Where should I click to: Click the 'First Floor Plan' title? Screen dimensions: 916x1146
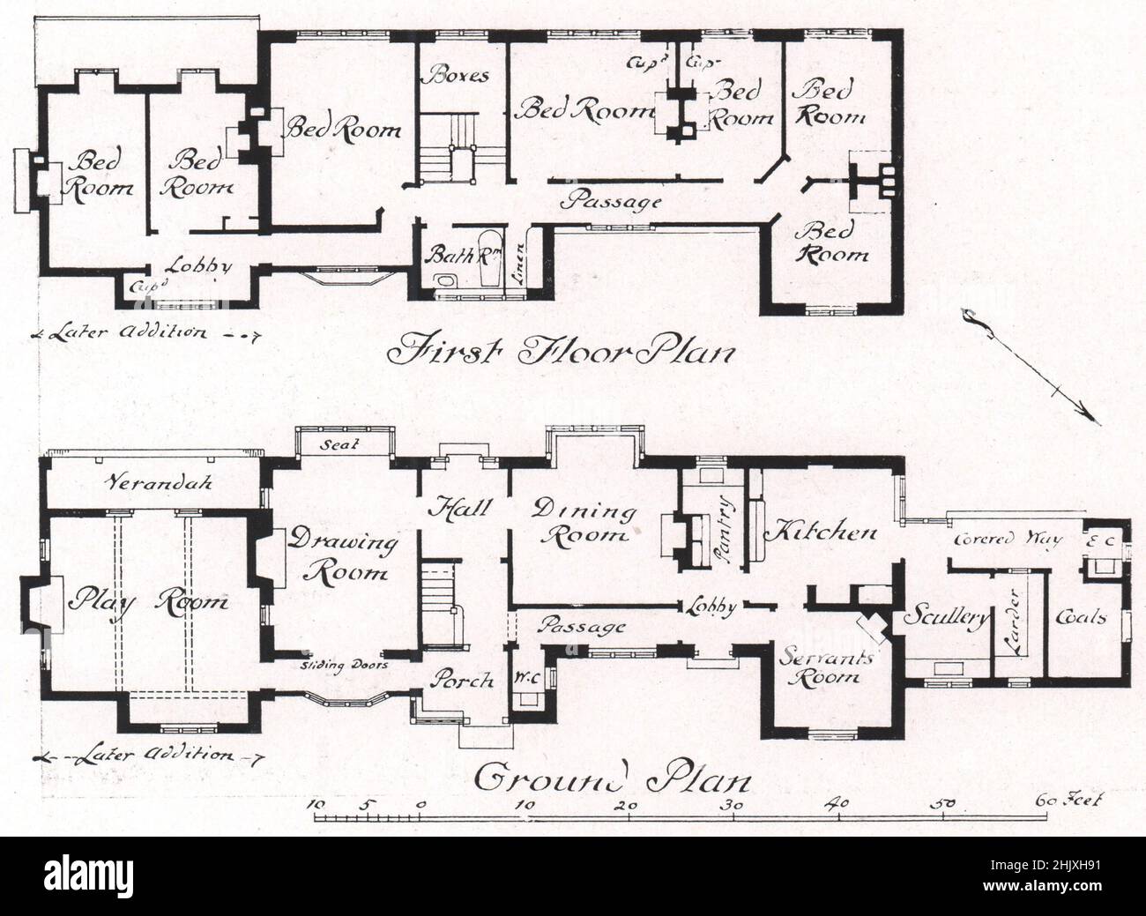(561, 352)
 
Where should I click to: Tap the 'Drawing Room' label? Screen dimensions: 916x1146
(346, 555)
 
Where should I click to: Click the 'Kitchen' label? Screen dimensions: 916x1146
(820, 532)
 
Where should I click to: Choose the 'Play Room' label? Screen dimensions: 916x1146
(151, 602)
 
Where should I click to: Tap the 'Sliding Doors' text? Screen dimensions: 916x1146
(343, 666)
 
